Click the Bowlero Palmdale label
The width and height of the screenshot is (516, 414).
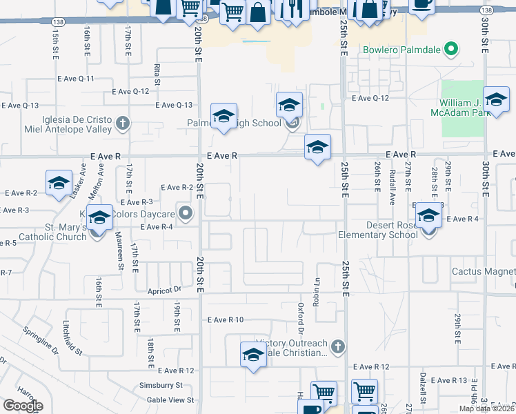[401, 50]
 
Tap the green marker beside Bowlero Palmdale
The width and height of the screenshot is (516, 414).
[451, 50]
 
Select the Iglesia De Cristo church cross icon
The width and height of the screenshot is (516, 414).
[122, 124]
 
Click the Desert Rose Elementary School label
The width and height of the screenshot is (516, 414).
[378, 230]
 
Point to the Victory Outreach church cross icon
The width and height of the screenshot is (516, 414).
[337, 346]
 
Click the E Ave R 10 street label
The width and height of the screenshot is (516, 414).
[226, 320]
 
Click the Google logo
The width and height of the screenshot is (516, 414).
[23, 406]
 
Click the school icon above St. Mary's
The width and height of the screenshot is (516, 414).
[100, 217]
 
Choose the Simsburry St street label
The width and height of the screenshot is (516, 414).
[159, 386]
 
